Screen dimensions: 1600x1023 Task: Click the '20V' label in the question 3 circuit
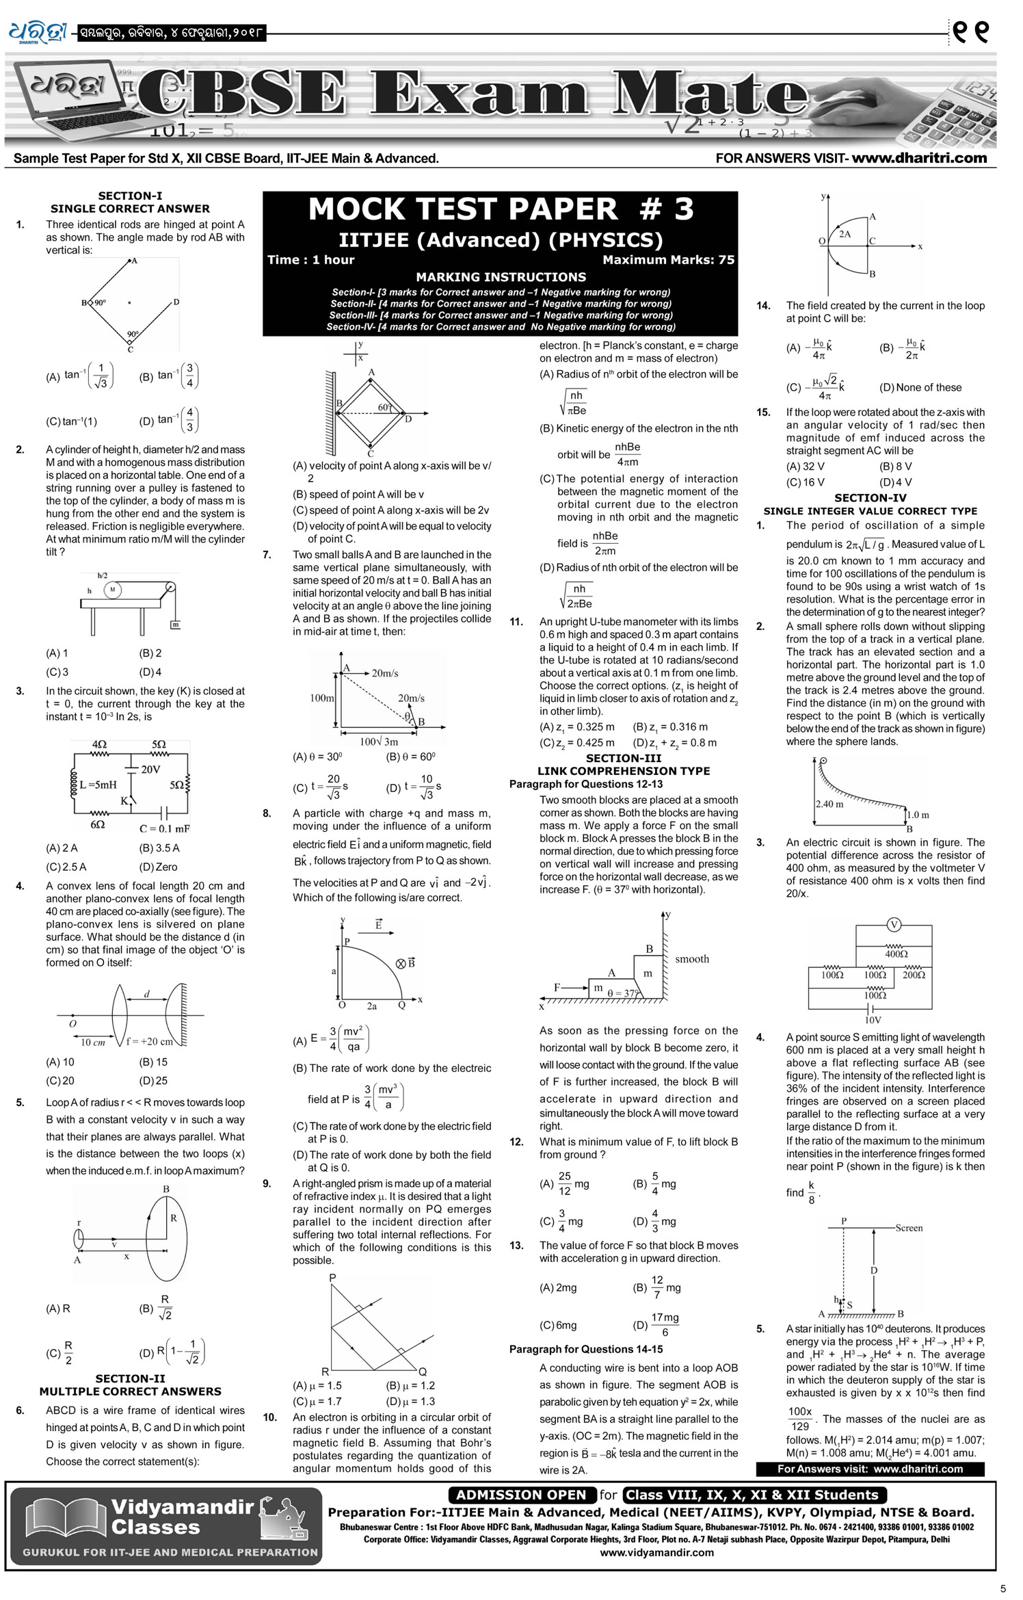tap(150, 770)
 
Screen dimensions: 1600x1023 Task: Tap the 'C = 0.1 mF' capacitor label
tap(165, 828)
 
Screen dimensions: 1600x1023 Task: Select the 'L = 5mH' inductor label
tap(98, 785)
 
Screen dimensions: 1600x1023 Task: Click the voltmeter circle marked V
tap(893, 925)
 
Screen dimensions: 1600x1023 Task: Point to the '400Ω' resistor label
tap(896, 954)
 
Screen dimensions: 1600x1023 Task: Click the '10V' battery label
tap(873, 1019)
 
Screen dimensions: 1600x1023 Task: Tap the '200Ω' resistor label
tap(914, 975)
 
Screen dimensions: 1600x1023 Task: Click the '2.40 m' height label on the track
tap(829, 804)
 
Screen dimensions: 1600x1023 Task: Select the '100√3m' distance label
tap(379, 742)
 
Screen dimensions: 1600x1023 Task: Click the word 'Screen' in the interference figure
tap(909, 1228)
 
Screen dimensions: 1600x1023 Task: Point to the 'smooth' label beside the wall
tap(692, 959)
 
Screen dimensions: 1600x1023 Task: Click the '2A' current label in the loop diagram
tap(845, 234)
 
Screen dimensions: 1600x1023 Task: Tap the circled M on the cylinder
tap(112, 589)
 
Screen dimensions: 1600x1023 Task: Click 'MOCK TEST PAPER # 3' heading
tap(501, 209)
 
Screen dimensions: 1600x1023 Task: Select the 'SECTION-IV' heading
tap(870, 498)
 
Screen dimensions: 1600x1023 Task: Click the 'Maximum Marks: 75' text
tap(668, 260)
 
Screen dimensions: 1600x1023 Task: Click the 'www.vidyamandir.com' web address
tap(656, 1552)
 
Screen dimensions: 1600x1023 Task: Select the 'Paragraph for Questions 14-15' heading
tap(585, 1349)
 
